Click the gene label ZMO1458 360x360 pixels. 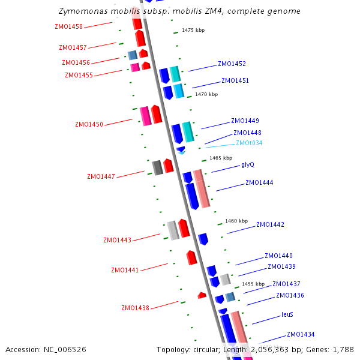pos(68,26)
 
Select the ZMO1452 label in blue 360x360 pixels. pos(232,64)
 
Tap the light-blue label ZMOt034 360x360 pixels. pos(249,143)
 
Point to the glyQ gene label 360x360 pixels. pos(248,164)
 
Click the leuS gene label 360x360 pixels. pos(287,314)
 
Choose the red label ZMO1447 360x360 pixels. pos(101,176)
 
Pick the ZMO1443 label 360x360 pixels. pos(117,240)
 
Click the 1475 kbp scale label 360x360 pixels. pos(193,30)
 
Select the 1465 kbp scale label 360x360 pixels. pos(221,158)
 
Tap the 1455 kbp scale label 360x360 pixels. pos(253,284)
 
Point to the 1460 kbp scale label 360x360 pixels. pos(236,221)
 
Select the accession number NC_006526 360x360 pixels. pos(66,349)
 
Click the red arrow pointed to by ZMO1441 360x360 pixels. pos(191,257)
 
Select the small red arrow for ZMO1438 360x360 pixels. pos(202,295)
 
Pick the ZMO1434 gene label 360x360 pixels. pos(301,334)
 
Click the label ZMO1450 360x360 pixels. pos(89,124)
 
